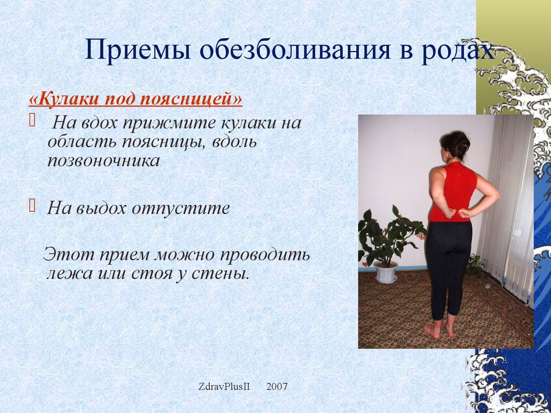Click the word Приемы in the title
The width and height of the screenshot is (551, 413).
click(138, 50)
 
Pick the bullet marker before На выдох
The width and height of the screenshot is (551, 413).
click(32, 206)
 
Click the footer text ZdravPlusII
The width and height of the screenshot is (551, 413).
click(224, 387)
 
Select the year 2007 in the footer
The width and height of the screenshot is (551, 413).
click(277, 387)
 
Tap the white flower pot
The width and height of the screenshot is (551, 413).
click(385, 272)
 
